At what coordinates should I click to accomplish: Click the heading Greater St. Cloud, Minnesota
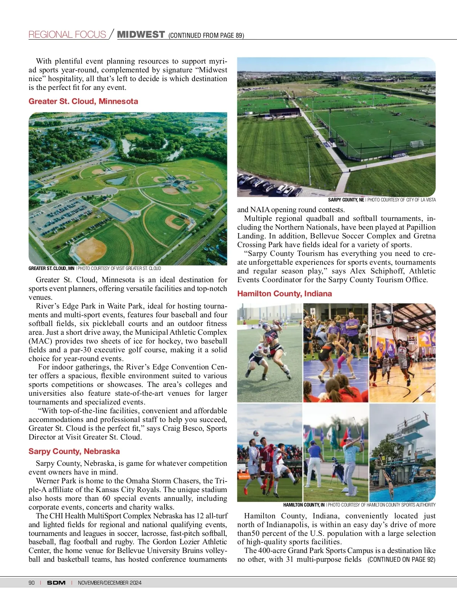pyautogui.click(x=83, y=101)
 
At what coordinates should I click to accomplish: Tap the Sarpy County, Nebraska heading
pyautogui.click(x=74, y=451)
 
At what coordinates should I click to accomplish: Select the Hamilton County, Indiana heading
pyautogui.click(x=284, y=294)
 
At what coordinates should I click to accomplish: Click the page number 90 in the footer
pyautogui.click(x=32, y=583)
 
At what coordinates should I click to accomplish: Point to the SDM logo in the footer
pyautogui.click(x=56, y=583)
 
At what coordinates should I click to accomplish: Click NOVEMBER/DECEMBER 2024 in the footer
pyautogui.click(x=110, y=583)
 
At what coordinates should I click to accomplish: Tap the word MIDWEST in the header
pyautogui.click(x=141, y=35)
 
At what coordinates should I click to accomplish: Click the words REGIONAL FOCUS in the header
pyautogui.click(x=67, y=35)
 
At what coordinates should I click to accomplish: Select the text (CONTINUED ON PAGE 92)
pyautogui.click(x=401, y=559)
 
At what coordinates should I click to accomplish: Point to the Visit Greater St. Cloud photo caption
pyautogui.click(x=95, y=269)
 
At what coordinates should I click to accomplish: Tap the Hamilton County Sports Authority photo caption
pyautogui.click(x=360, y=505)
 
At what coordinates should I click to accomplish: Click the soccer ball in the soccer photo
pyautogui.click(x=256, y=433)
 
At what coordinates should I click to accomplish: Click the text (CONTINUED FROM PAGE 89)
pyautogui.click(x=206, y=35)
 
